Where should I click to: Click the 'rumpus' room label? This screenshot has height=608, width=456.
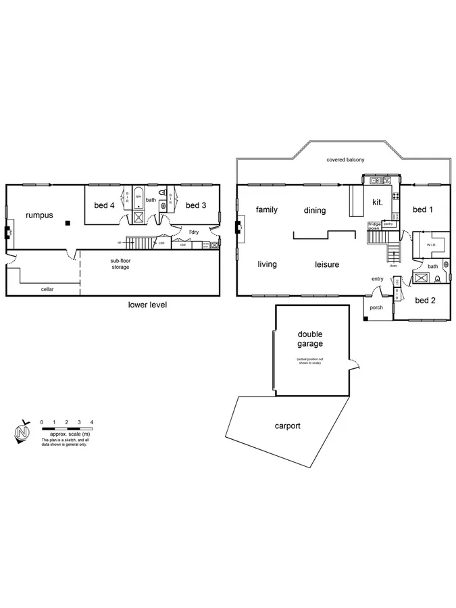(x=39, y=215)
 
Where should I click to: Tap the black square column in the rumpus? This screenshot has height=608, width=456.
(x=68, y=223)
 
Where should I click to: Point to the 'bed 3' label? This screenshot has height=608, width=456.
(x=195, y=205)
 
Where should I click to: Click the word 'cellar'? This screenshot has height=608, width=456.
(x=47, y=289)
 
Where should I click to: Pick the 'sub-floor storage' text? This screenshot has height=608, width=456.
(x=120, y=263)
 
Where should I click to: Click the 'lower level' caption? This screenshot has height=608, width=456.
(x=147, y=305)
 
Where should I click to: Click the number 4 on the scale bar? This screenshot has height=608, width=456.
(x=91, y=422)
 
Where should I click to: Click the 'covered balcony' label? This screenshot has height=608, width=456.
(x=345, y=159)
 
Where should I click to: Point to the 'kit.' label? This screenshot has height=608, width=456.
(x=378, y=202)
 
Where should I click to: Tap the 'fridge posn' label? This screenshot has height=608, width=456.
(x=374, y=226)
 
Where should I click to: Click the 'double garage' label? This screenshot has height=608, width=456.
(x=310, y=339)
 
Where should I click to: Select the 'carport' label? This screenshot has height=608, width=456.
(x=287, y=426)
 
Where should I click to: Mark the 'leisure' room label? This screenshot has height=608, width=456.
(x=327, y=264)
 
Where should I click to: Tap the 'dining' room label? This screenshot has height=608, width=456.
(x=315, y=211)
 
